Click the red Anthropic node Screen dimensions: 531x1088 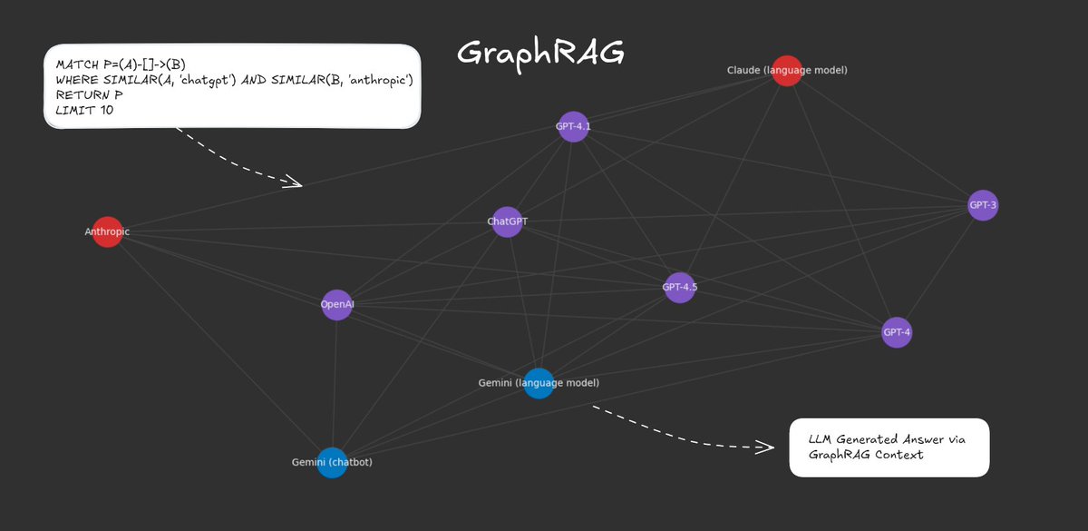tap(107, 232)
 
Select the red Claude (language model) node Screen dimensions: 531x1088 tap(787, 71)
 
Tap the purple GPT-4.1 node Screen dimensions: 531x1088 tap(573, 127)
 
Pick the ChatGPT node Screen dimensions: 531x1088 tap(508, 221)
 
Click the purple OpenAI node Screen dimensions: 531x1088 tap(337, 305)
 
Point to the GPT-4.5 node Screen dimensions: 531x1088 tap(680, 288)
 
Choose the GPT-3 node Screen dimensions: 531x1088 tap(983, 206)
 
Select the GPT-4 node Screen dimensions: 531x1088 tap(897, 333)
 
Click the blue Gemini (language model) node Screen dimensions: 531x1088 tap(539, 383)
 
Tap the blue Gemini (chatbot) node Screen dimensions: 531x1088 tap(332, 462)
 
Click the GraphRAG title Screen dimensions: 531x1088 tap(540, 54)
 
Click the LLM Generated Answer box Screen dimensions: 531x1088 tap(889, 447)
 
